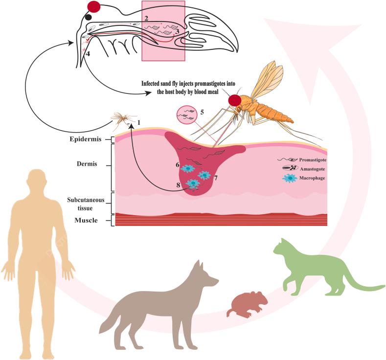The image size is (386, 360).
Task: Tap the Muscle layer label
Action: tap(86, 221)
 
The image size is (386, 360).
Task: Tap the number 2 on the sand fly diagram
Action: tap(146, 19)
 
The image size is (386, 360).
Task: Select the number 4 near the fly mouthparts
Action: tap(89, 53)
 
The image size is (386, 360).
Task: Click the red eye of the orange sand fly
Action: tap(235, 100)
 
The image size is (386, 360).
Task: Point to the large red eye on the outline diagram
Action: tap(94, 6)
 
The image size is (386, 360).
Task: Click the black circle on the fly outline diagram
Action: tap(89, 17)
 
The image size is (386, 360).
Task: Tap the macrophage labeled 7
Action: tap(204, 175)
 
